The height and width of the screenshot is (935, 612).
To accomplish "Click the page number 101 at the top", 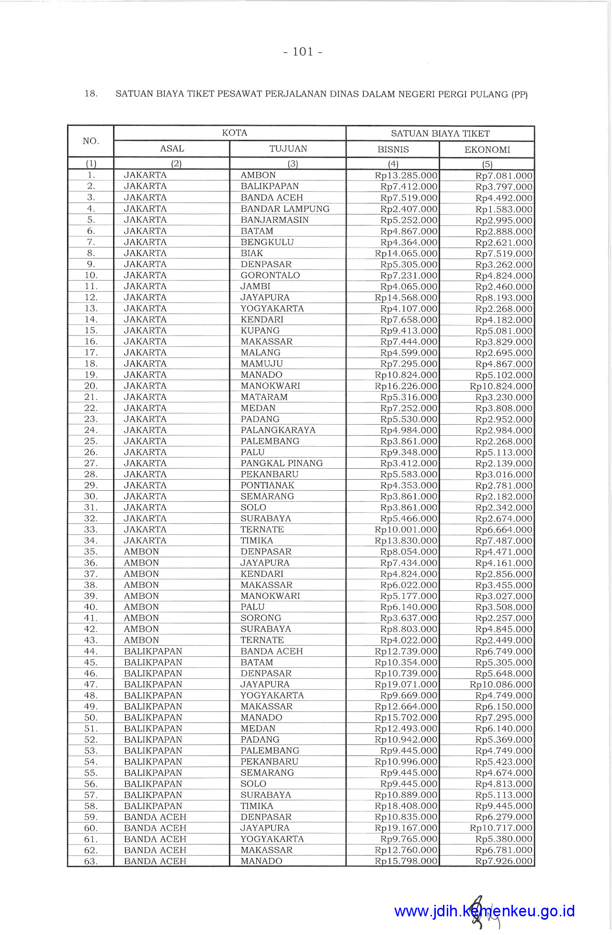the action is [x=302, y=52].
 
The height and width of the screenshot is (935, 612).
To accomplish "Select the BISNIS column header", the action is [x=393, y=149].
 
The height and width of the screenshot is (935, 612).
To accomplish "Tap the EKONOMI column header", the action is [x=487, y=150].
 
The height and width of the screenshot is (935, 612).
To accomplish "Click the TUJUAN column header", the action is [x=288, y=149].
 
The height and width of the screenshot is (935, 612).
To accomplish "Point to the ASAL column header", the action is [x=172, y=149].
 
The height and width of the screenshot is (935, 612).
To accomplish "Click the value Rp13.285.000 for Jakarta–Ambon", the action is [x=406, y=176].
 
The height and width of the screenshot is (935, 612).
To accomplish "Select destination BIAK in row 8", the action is [x=252, y=253].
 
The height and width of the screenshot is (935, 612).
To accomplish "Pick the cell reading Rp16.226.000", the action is [x=406, y=386].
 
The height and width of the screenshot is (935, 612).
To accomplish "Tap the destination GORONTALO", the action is [x=270, y=275].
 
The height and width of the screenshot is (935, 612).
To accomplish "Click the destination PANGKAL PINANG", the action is [x=282, y=463].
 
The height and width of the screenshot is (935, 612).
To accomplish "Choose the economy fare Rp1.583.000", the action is [x=504, y=209].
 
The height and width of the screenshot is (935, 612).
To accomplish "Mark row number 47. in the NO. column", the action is [x=91, y=685].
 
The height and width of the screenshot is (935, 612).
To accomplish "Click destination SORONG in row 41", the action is [x=261, y=618].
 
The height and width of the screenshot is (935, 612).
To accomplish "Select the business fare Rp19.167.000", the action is [x=406, y=828].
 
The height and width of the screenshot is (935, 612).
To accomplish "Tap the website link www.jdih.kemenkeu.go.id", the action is [x=484, y=911].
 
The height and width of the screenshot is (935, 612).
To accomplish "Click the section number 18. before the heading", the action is [x=91, y=94].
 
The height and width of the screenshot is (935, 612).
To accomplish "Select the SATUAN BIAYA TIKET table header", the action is [x=440, y=134].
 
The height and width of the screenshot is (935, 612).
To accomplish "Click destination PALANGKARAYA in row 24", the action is [x=278, y=430].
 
